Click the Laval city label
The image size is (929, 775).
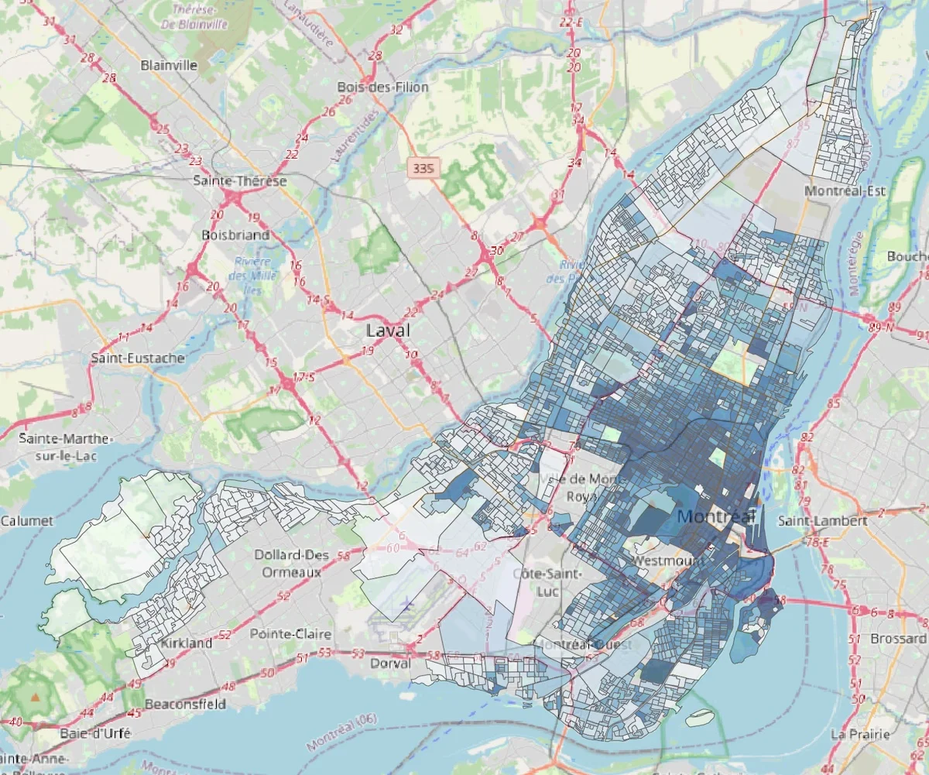point(388,331)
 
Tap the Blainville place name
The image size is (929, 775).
point(169,66)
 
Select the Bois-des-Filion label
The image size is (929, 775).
point(382,87)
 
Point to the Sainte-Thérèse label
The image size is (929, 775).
point(240,181)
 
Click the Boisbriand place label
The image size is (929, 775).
point(235,235)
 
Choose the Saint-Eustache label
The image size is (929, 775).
point(138,358)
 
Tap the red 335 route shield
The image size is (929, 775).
point(423,167)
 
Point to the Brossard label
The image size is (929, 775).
point(898,639)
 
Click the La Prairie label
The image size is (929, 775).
point(857,733)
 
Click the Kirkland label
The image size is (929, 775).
point(186,643)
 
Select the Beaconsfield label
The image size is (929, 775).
point(187,704)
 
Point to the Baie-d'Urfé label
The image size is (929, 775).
point(95,732)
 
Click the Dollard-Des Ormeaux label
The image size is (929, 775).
point(290,564)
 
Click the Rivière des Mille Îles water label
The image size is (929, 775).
point(249,269)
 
